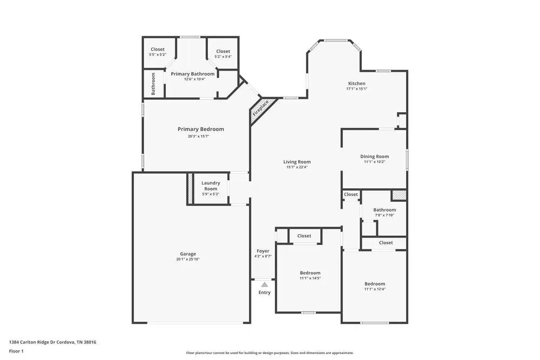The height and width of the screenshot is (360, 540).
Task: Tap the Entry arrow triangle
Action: pyautogui.click(x=264, y=284)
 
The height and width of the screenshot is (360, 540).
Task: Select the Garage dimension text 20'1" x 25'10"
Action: pyautogui.click(x=188, y=260)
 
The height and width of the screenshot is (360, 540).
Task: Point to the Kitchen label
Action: pyautogui.click(x=356, y=84)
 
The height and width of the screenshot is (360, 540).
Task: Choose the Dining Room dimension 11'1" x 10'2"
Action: pyautogui.click(x=374, y=162)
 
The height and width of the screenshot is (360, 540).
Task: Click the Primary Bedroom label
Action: pyautogui.click(x=201, y=129)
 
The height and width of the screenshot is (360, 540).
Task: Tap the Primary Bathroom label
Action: pyautogui.click(x=193, y=74)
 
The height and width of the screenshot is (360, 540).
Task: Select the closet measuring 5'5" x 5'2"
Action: pyautogui.click(x=158, y=52)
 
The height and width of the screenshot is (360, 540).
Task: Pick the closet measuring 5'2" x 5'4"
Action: pyautogui.click(x=223, y=54)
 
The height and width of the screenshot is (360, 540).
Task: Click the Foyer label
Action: pyautogui.click(x=263, y=251)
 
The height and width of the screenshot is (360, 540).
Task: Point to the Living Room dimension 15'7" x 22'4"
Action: pyautogui.click(x=297, y=167)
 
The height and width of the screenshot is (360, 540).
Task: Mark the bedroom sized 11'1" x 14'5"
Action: pyautogui.click(x=310, y=275)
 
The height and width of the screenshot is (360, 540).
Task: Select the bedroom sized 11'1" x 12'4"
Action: pyautogui.click(x=374, y=287)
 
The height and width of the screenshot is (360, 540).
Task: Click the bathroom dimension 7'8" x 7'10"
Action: pyautogui.click(x=384, y=215)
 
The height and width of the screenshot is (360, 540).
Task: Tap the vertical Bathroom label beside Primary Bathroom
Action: pyautogui.click(x=153, y=84)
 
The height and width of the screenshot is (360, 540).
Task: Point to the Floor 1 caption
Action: pyautogui.click(x=16, y=351)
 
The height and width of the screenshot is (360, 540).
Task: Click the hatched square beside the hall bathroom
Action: pyautogui.click(x=399, y=195)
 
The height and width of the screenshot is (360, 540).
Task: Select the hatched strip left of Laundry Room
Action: pyautogui.click(x=190, y=189)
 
